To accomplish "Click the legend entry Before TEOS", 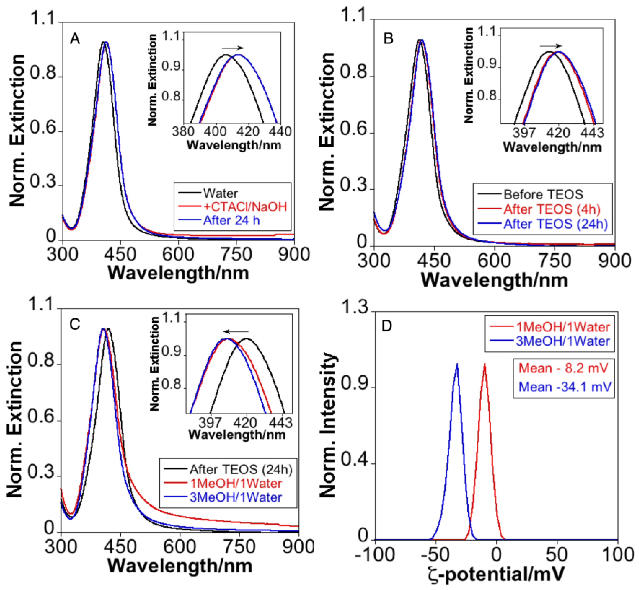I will [543, 194].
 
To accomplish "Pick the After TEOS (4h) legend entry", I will [552, 209].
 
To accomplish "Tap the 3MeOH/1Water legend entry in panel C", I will [236, 497].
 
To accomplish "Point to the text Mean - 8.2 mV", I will [563, 368].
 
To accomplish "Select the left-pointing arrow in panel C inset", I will [236, 332].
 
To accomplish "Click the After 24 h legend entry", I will [231, 221].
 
